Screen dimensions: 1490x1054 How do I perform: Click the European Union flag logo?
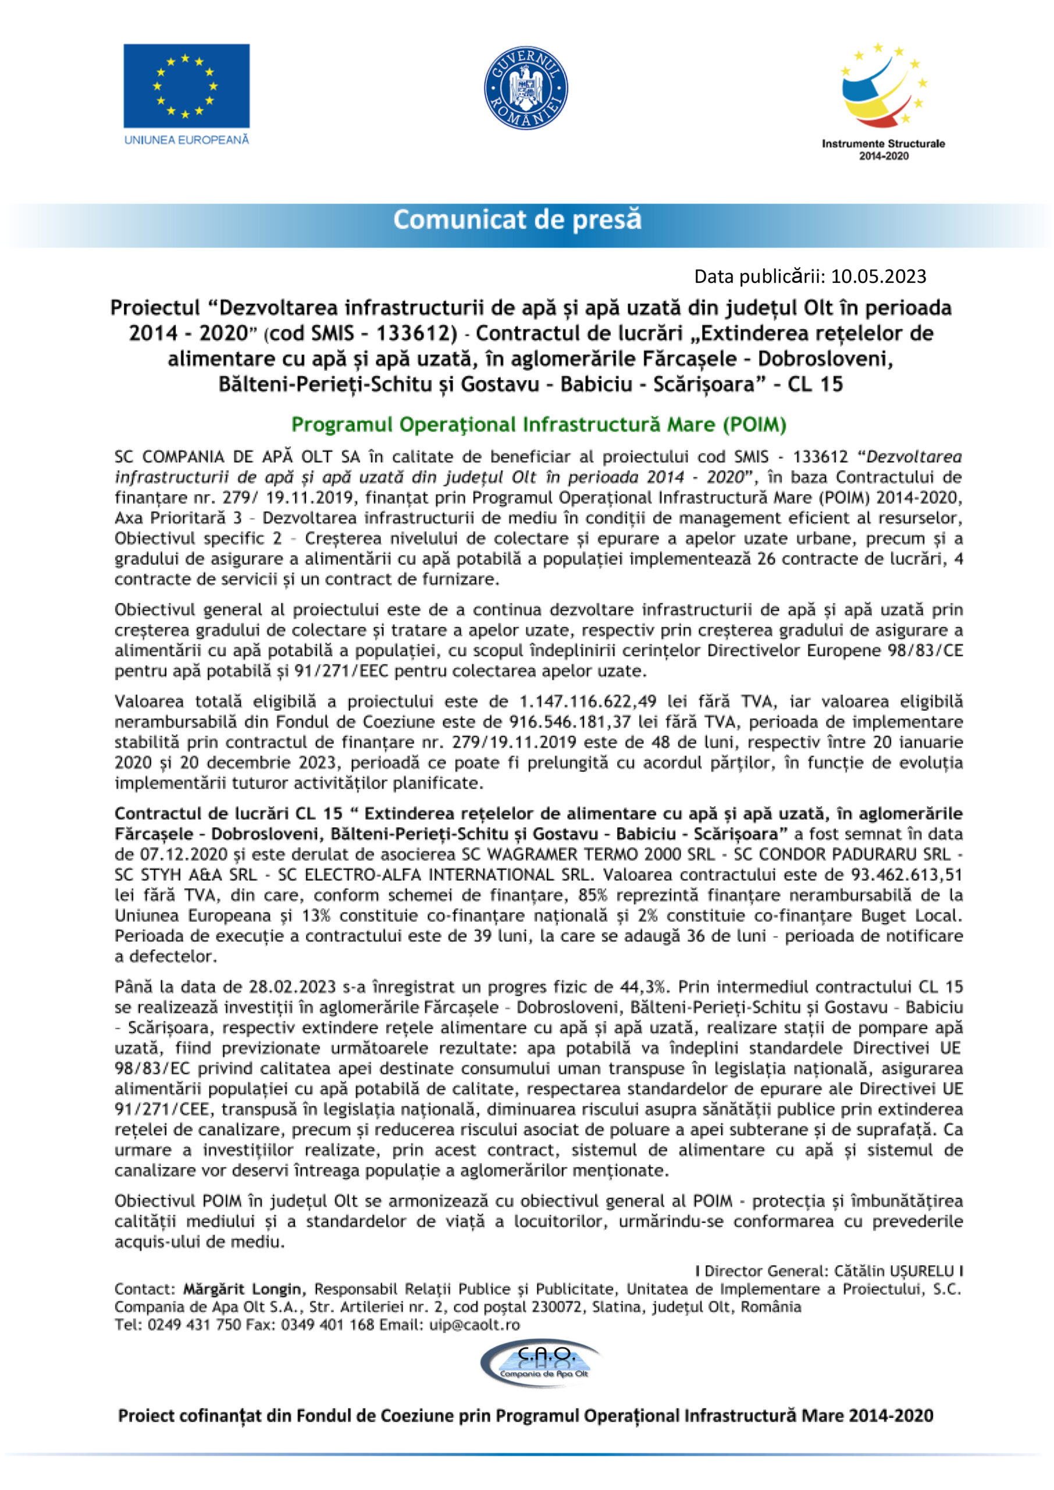(x=186, y=86)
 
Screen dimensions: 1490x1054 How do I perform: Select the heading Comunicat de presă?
(x=517, y=219)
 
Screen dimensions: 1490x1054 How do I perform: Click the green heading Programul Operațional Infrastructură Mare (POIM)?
(x=539, y=425)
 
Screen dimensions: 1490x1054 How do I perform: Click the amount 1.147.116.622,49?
(x=588, y=702)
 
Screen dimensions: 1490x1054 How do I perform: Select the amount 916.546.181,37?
(x=561, y=722)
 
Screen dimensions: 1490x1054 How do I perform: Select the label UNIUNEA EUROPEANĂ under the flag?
(x=186, y=140)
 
